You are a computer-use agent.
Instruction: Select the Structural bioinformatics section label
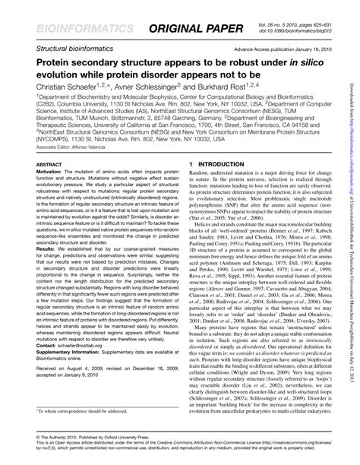click(x=65, y=48)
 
